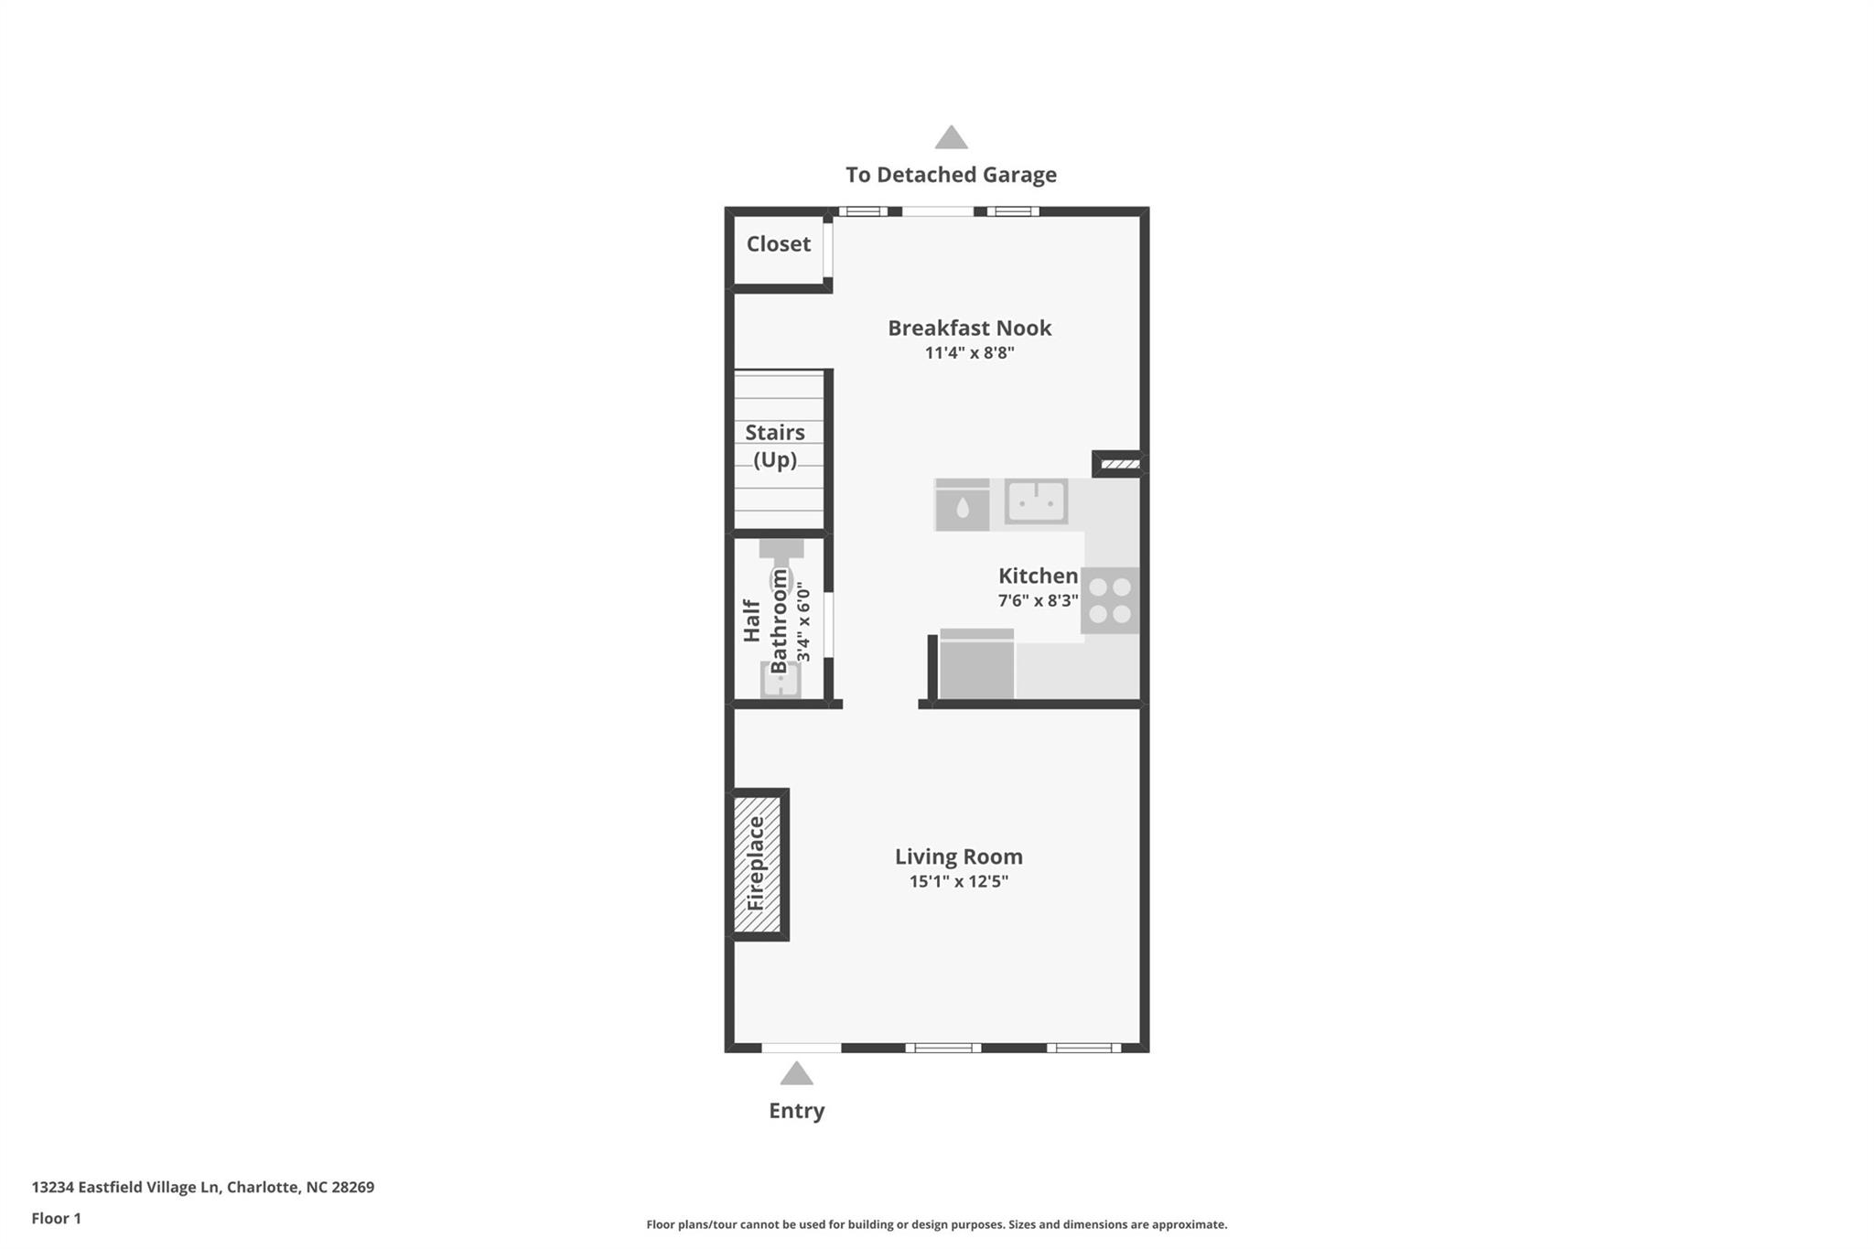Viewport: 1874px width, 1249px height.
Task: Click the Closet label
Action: [x=778, y=244]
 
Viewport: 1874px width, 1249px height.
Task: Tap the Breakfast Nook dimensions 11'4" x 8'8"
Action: [x=969, y=353]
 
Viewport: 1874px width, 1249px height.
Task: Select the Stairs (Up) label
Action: [x=774, y=446]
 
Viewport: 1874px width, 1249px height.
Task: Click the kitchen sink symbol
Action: [x=1036, y=501]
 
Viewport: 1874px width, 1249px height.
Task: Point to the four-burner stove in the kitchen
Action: [x=1110, y=601]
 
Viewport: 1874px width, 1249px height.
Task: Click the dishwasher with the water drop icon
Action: [x=962, y=506]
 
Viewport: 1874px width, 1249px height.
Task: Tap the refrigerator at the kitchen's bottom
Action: [x=976, y=665]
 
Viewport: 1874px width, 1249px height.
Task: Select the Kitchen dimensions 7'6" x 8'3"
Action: [x=1038, y=601]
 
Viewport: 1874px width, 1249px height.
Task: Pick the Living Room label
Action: [x=958, y=856]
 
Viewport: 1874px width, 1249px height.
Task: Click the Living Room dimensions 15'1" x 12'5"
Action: [x=958, y=882]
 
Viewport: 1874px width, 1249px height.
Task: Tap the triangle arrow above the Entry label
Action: [x=796, y=1074]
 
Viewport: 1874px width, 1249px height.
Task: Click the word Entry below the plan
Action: [x=796, y=1111]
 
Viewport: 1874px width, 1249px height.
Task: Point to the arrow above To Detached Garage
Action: [x=951, y=138]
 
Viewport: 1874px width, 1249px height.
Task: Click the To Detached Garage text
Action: [x=951, y=175]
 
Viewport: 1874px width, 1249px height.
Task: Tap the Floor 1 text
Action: [x=57, y=1219]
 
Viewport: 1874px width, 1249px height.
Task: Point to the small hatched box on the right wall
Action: [x=1119, y=465]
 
